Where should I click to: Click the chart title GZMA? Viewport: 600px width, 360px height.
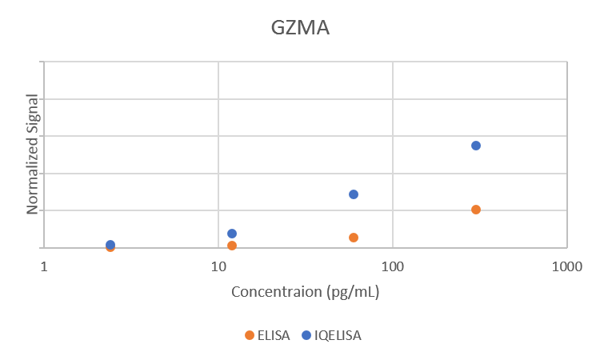click(x=300, y=28)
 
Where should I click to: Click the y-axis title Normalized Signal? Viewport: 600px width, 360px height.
click(x=33, y=153)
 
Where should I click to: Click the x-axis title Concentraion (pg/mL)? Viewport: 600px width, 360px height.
click(x=305, y=291)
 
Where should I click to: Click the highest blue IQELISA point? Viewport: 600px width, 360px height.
click(x=476, y=146)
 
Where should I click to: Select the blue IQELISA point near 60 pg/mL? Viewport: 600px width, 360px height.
click(x=354, y=194)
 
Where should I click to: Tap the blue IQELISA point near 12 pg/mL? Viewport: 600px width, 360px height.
click(x=232, y=234)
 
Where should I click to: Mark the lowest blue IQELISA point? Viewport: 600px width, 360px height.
click(x=110, y=245)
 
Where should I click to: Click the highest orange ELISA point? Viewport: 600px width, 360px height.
click(x=476, y=210)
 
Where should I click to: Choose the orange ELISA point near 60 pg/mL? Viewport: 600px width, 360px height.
click(x=354, y=238)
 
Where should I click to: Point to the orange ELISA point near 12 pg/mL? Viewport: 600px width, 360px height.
click(x=232, y=246)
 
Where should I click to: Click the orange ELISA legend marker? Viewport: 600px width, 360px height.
click(x=250, y=335)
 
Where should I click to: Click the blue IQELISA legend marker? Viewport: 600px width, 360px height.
click(x=306, y=335)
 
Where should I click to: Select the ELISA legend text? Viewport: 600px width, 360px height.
click(x=274, y=335)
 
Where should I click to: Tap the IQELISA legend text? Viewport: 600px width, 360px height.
click(x=338, y=335)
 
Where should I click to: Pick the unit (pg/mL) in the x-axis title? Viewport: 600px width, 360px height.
click(x=353, y=291)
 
